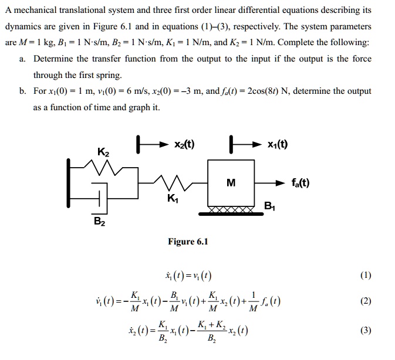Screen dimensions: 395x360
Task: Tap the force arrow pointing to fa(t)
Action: pyautogui.click(x=272, y=183)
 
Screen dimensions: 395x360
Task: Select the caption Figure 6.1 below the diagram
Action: pyautogui.click(x=188, y=241)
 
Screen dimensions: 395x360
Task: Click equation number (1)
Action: pyautogui.click(x=366, y=276)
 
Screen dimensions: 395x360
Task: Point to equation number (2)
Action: pyautogui.click(x=366, y=301)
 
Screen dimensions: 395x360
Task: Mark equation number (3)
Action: pyautogui.click(x=366, y=330)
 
